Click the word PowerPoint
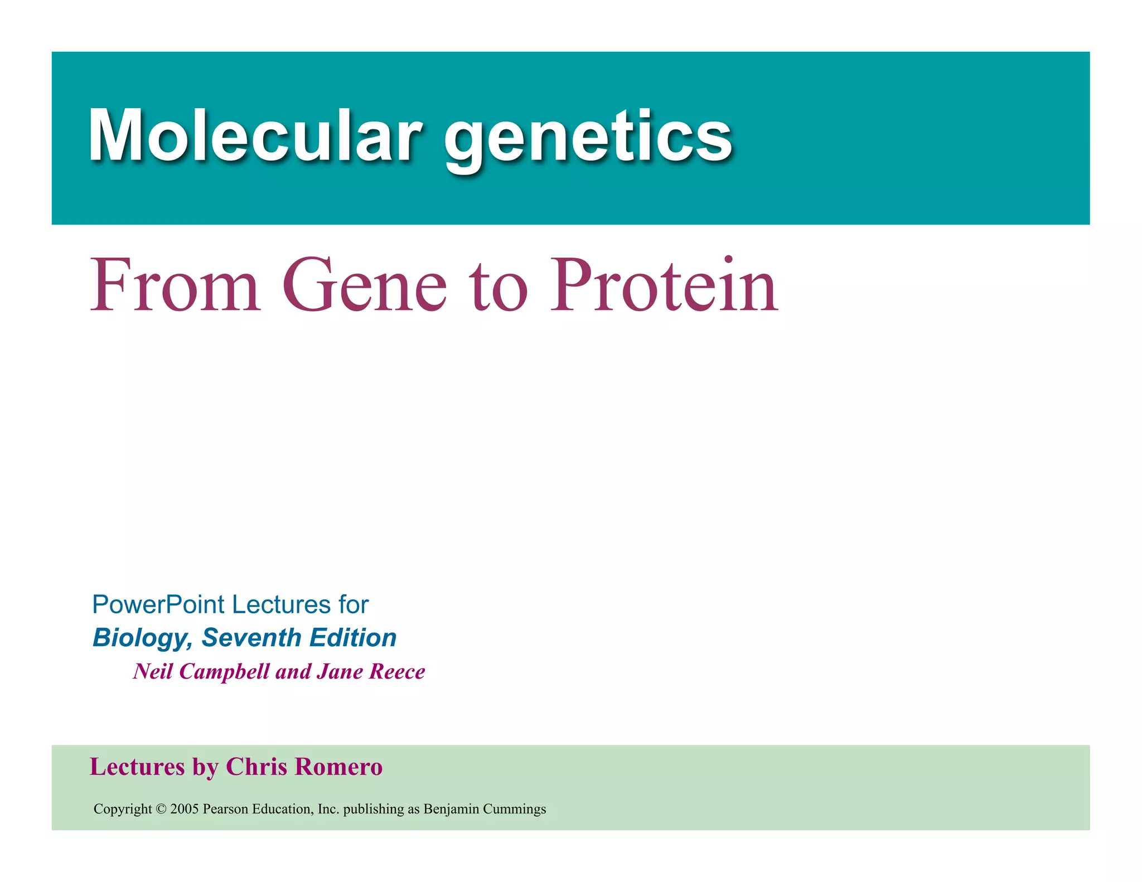pyautogui.click(x=158, y=605)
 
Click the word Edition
pyautogui.click(x=353, y=637)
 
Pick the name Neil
pyautogui.click(x=153, y=671)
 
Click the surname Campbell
pyautogui.click(x=225, y=672)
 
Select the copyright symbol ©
pyautogui.click(x=161, y=809)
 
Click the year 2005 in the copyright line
pyautogui.click(x=185, y=809)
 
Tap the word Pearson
pyautogui.click(x=225, y=809)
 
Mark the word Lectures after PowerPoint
pyautogui.click(x=282, y=605)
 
